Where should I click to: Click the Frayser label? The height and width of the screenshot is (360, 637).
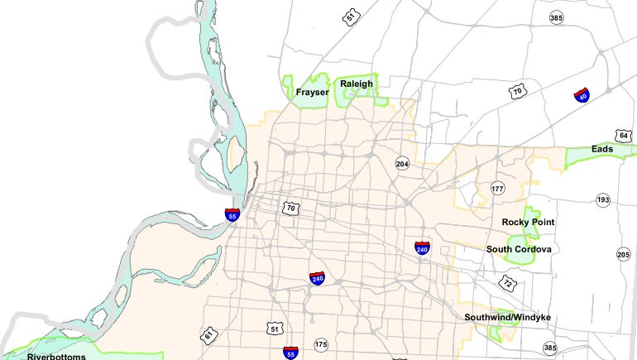point(311,93)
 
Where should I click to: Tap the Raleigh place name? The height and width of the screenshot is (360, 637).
point(356,84)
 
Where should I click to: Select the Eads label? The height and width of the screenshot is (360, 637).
point(602,149)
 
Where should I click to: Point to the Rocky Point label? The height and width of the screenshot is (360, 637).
point(528,223)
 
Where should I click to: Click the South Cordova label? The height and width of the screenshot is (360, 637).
point(519,249)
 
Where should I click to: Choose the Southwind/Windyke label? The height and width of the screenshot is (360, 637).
point(507,317)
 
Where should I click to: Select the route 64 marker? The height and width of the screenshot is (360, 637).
point(624,135)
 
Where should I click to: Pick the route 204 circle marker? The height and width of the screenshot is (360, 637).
point(402,163)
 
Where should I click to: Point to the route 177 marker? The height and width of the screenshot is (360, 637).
point(497,189)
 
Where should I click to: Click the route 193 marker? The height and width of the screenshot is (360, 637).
point(603,199)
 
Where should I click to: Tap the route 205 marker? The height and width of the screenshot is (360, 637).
point(623,254)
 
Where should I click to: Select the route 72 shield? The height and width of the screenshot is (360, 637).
point(506,282)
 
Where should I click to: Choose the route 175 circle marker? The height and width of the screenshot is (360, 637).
point(321,343)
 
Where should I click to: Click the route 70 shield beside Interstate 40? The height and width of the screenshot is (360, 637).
point(518,93)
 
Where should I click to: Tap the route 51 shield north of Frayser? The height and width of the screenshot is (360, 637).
point(352,16)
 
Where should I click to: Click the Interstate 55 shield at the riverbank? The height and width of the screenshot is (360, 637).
point(232,214)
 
